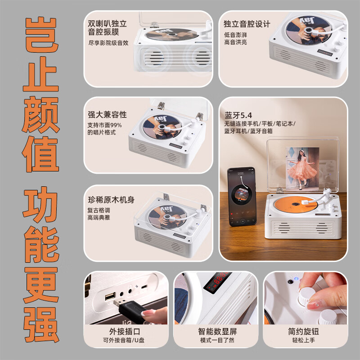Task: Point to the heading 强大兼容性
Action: pyautogui.click(x=107, y=115)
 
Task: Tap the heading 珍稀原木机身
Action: pyautogui.click(x=111, y=199)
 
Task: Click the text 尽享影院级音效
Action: pyautogui.click(x=108, y=43)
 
